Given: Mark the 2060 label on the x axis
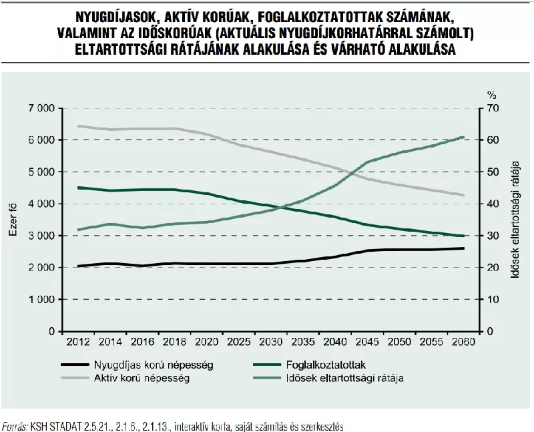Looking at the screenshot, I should click(463, 343).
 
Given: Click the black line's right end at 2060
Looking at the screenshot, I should click(463, 248).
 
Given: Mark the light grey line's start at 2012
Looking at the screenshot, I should click(79, 126).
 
